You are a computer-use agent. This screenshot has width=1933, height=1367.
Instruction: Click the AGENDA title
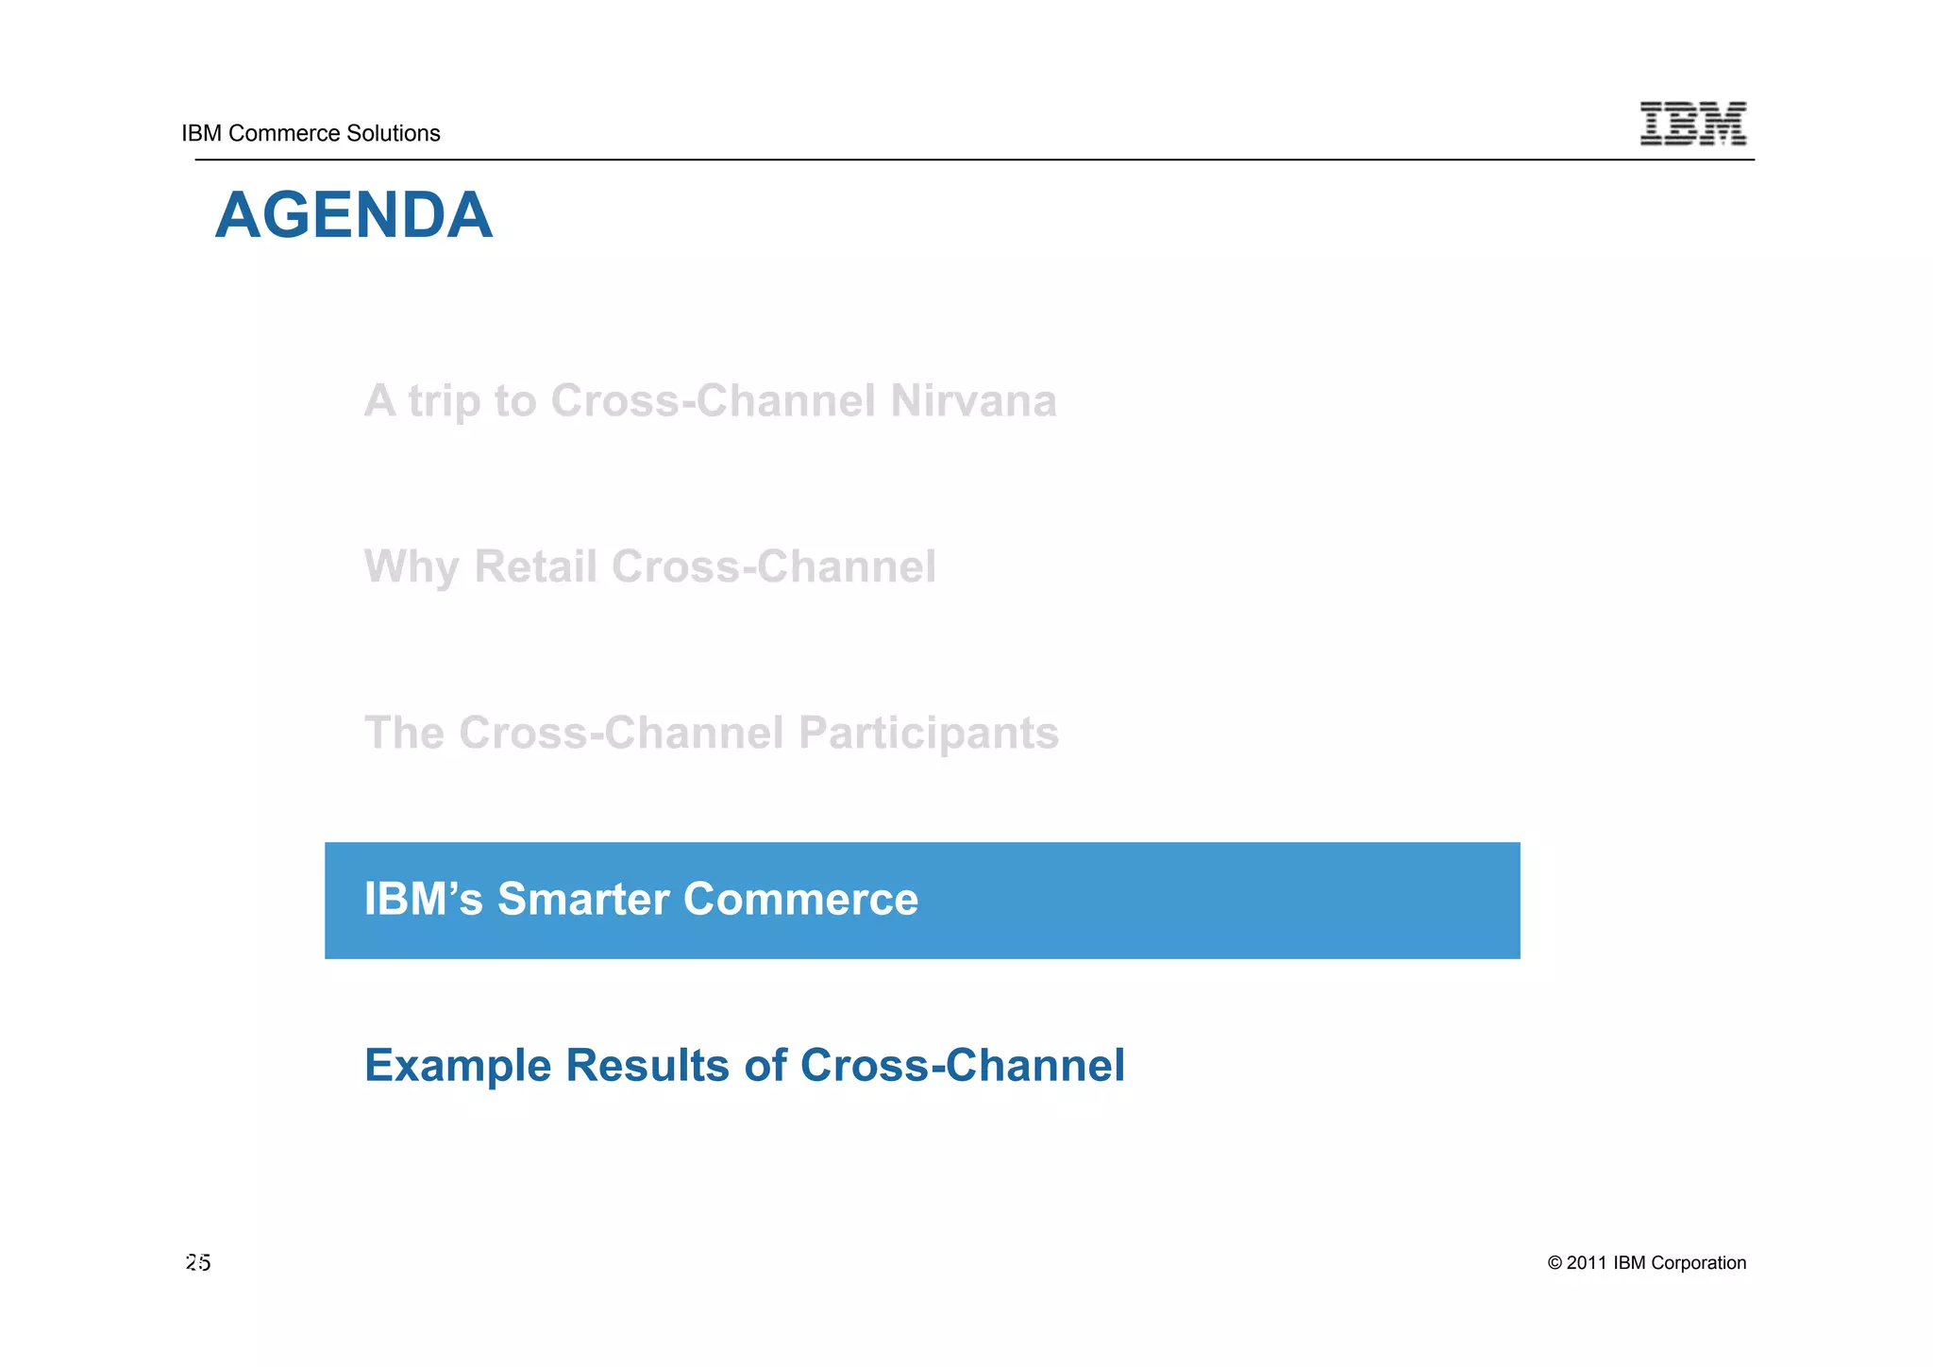click(353, 216)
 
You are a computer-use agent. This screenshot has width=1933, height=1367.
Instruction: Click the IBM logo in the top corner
click(1692, 124)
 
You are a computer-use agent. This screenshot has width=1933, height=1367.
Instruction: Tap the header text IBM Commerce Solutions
click(311, 133)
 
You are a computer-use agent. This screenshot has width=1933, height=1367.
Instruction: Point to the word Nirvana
click(973, 400)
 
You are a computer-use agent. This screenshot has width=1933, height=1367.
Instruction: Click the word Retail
click(535, 566)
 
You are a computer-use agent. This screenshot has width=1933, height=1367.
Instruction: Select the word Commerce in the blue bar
click(800, 899)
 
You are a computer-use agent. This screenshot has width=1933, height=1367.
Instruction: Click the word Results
click(647, 1065)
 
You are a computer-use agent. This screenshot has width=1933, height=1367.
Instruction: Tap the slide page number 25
click(198, 1263)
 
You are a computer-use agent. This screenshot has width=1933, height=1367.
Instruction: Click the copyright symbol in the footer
click(1555, 1263)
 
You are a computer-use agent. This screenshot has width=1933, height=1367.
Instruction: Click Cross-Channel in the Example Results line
click(962, 1065)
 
